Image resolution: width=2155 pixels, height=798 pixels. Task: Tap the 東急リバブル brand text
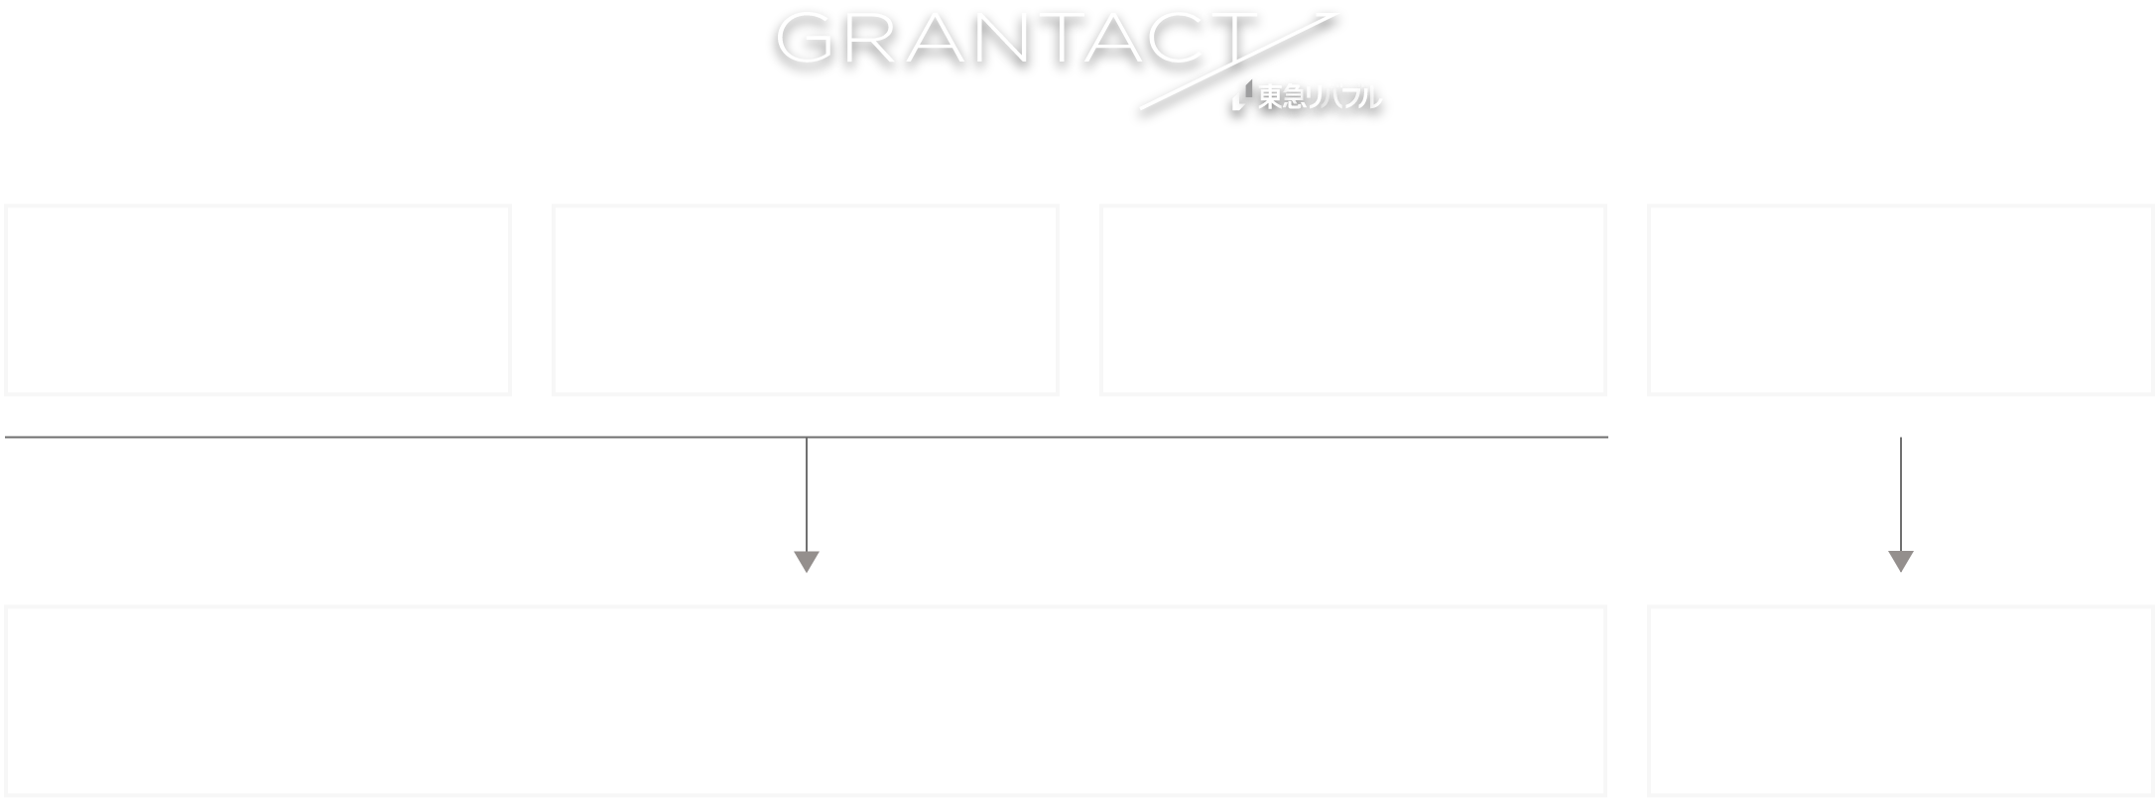pyautogui.click(x=1319, y=97)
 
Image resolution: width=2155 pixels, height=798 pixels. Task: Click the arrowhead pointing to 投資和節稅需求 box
pyautogui.click(x=807, y=562)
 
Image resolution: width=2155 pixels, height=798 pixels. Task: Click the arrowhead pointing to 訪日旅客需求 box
pyautogui.click(x=1900, y=562)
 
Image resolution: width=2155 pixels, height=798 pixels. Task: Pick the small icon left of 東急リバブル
pyautogui.click(x=1240, y=96)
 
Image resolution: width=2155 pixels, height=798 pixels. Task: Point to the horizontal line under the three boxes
pyautogui.click(x=397, y=437)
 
